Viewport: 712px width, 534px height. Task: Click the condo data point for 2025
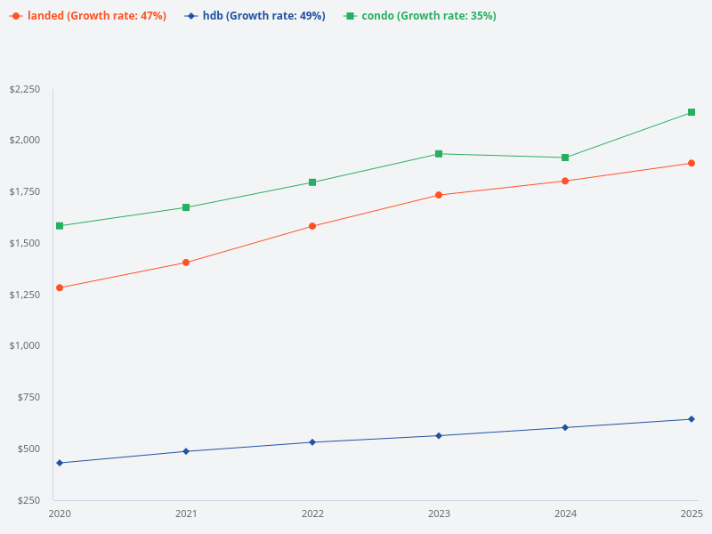click(x=692, y=112)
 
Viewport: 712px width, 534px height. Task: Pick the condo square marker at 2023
click(x=439, y=154)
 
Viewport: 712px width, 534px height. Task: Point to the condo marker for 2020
click(x=60, y=226)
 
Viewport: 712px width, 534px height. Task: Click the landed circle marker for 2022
click(x=312, y=226)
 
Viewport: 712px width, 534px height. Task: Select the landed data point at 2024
click(x=565, y=181)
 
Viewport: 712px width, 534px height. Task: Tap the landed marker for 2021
click(x=186, y=263)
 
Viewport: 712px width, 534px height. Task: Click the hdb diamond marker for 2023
click(x=439, y=435)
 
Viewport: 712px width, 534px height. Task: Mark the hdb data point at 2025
click(x=692, y=419)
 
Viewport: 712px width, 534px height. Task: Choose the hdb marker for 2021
click(x=186, y=451)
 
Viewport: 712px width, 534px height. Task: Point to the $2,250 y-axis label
click(x=25, y=90)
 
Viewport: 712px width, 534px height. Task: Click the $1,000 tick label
click(x=25, y=345)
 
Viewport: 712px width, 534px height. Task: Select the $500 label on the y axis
click(x=29, y=449)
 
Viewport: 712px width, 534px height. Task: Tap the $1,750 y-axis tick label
click(x=25, y=192)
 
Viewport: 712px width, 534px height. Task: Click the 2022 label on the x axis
click(x=312, y=514)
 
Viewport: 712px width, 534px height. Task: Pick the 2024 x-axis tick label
click(x=565, y=514)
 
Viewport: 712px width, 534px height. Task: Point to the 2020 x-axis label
click(x=60, y=514)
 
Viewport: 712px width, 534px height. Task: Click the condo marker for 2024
click(x=565, y=158)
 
